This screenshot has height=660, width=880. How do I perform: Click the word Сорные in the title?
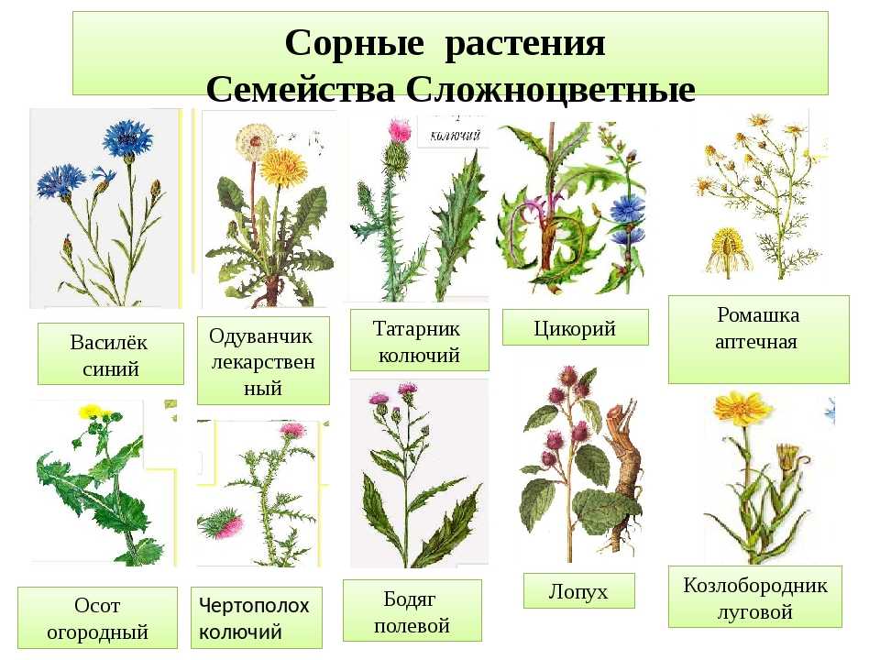pos(354,43)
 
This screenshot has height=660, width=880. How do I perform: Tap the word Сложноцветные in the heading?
pos(551,89)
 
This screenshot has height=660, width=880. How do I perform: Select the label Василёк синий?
pos(110,355)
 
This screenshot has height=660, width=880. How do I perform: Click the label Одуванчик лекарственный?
pos(263,361)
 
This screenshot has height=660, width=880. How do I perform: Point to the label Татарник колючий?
pos(419,341)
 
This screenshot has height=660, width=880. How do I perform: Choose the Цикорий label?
pos(575,328)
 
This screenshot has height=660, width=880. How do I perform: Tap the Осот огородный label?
pos(97,618)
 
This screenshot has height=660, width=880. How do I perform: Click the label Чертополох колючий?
pos(256,618)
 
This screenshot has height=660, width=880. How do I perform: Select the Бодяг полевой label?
pos(412,611)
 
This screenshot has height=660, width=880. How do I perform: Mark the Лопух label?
pos(578,591)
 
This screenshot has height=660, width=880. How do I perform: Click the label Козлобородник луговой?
pos(754,597)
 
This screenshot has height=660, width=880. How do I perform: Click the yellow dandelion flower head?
pos(283,167)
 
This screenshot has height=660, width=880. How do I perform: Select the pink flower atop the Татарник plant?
pos(400,131)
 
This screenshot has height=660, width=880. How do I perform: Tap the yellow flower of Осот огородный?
pos(91,412)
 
